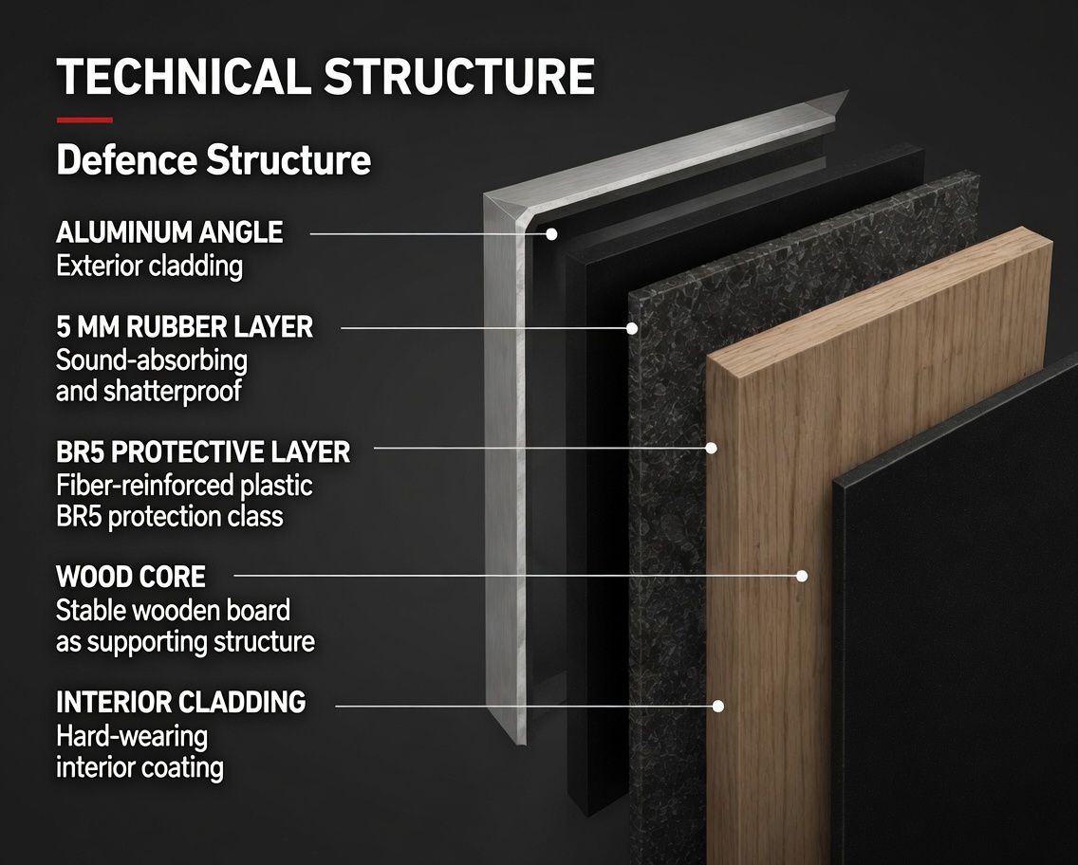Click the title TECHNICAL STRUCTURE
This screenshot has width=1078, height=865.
[x=325, y=76]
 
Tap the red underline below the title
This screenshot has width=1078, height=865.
[x=84, y=120]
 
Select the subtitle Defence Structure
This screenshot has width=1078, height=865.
[x=214, y=160]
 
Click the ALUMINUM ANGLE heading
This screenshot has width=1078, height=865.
[x=169, y=232]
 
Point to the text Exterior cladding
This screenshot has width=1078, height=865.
[x=149, y=266]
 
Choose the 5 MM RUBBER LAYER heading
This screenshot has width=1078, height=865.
[x=184, y=327]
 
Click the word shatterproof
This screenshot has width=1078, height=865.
[x=173, y=392]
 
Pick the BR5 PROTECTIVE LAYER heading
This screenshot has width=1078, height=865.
[x=203, y=452]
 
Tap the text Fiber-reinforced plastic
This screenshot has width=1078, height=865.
[x=184, y=486]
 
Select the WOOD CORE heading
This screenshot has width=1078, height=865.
[x=131, y=577]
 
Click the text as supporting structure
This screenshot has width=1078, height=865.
[x=186, y=642]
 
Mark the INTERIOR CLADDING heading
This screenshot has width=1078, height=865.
[x=181, y=702]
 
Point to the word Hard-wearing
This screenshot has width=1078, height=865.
[x=132, y=737]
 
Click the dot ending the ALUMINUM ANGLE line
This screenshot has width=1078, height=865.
[x=551, y=234]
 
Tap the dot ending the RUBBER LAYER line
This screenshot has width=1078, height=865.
[x=632, y=328]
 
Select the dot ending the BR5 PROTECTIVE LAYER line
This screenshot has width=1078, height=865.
[x=712, y=448]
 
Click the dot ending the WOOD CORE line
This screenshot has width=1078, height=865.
[x=802, y=576]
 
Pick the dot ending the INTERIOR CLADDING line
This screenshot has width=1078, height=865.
[x=718, y=706]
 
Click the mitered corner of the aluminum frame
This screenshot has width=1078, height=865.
[x=507, y=209]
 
